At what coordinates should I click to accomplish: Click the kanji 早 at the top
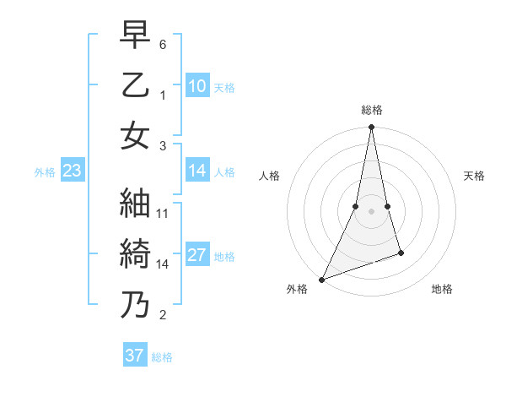click(134, 36)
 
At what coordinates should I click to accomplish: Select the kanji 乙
click(134, 85)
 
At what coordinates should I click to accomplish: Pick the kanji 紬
click(134, 203)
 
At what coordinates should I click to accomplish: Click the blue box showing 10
click(197, 85)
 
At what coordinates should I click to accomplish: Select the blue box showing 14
click(197, 171)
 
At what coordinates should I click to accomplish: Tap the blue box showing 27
click(197, 255)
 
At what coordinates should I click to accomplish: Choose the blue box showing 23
click(72, 171)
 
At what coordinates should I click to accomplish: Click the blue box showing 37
click(135, 356)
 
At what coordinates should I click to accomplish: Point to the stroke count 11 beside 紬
click(164, 214)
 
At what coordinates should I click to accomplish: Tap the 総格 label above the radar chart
click(372, 110)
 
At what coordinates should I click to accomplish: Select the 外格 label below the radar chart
click(297, 289)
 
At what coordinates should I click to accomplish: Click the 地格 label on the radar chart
click(442, 289)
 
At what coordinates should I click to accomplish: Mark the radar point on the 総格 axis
click(371, 128)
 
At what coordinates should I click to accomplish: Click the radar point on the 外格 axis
click(321, 279)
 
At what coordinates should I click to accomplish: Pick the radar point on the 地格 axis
click(401, 253)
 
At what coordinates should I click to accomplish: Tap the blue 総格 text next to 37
click(162, 357)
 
